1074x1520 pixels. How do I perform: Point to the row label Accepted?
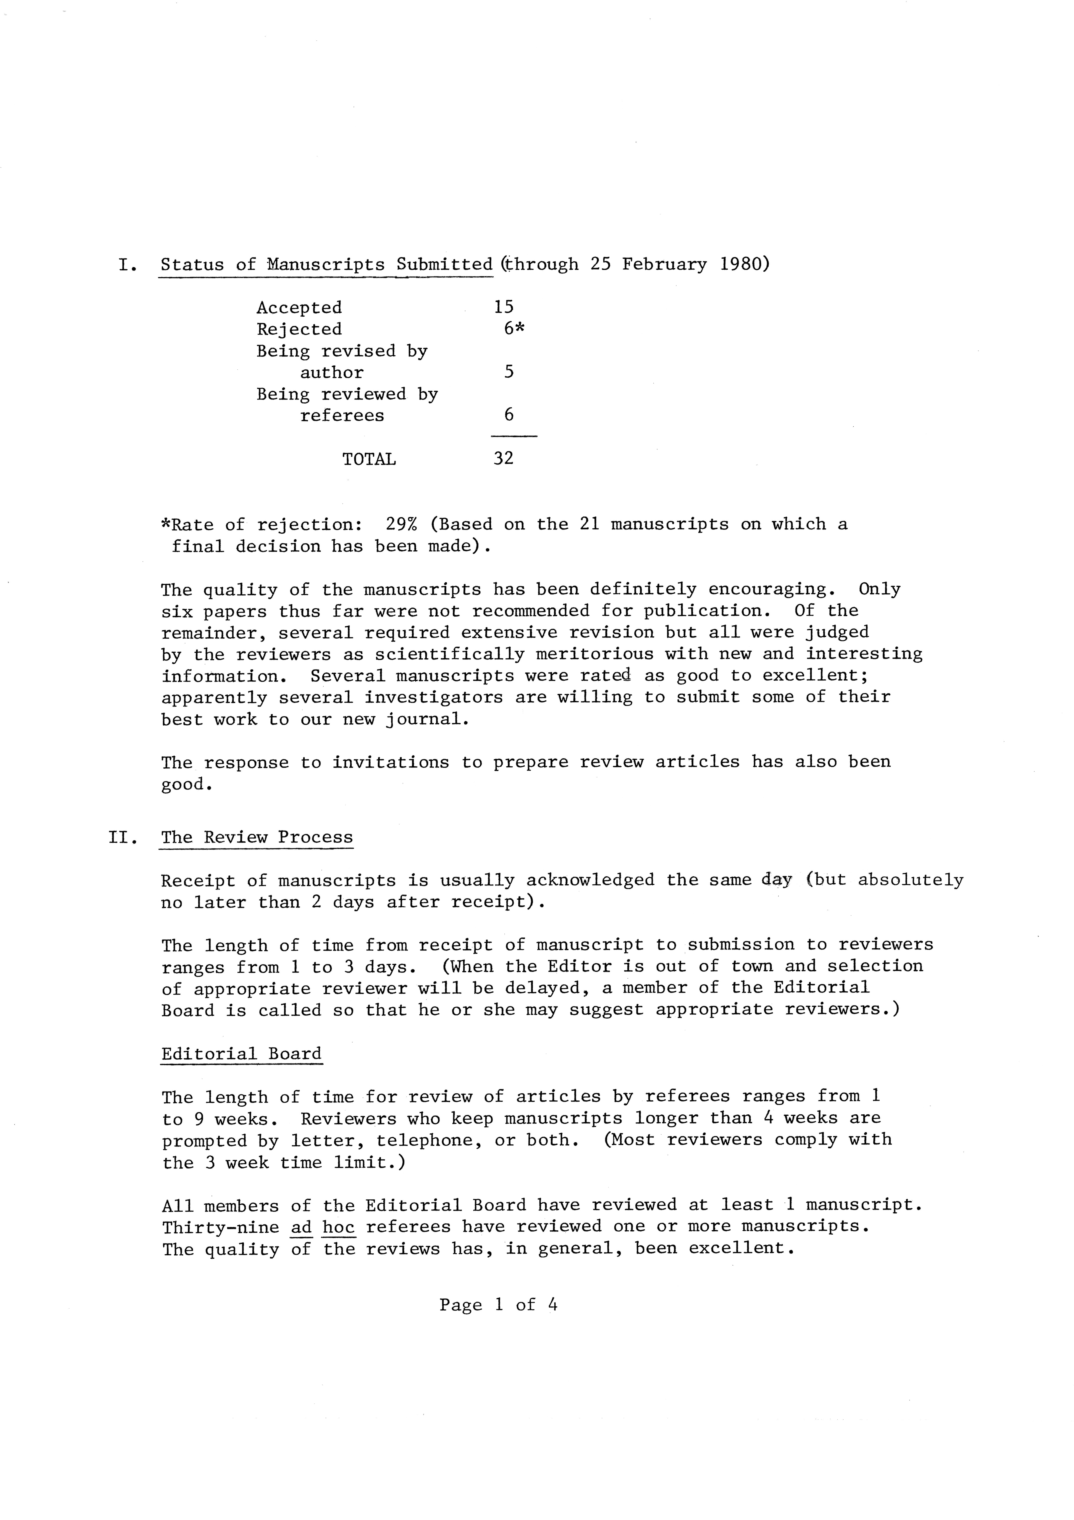tap(299, 308)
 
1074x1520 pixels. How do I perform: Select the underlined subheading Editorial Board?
tap(242, 1054)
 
